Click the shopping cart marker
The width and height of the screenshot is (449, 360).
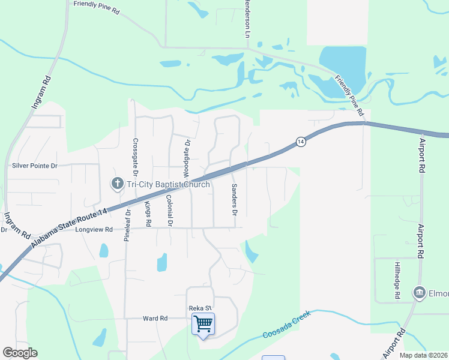(203, 325)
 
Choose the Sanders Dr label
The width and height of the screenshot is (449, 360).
(235, 200)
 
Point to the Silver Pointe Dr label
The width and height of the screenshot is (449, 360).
(34, 166)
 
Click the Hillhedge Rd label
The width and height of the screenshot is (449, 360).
(397, 280)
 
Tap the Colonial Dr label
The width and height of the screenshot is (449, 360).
(170, 211)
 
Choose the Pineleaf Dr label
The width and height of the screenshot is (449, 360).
(127, 226)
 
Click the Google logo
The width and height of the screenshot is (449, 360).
(20, 353)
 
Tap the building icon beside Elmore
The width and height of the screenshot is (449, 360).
(418, 293)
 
